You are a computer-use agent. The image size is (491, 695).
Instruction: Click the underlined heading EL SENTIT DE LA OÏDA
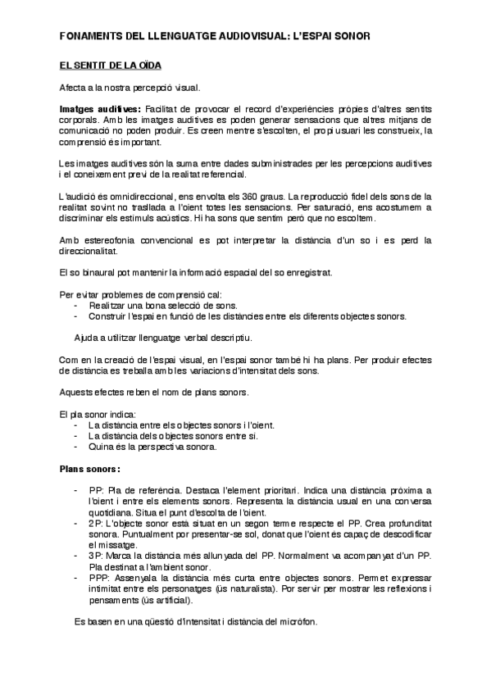click(x=104, y=65)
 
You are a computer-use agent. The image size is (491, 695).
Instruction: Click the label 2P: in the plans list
click(x=96, y=522)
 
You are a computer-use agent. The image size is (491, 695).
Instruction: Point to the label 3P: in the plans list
click(x=96, y=555)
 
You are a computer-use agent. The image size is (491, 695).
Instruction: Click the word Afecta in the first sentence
click(x=75, y=87)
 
